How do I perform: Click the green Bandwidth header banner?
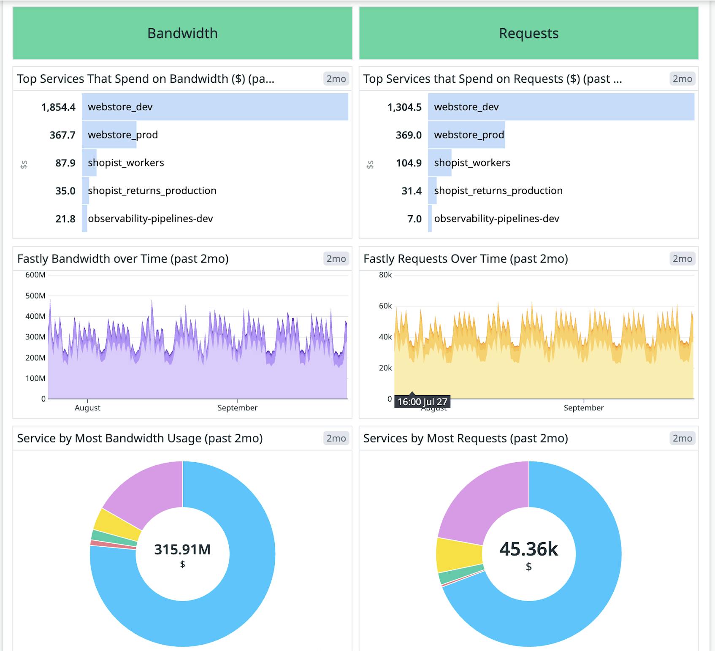(182, 33)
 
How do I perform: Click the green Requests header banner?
(528, 33)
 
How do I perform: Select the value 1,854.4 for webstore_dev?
(58, 107)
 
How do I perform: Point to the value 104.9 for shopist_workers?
(409, 163)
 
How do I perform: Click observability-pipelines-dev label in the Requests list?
(496, 219)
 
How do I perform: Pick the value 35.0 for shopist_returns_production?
(65, 191)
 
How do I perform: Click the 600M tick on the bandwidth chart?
(35, 275)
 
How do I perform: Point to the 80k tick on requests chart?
(385, 275)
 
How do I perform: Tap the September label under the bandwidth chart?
(237, 408)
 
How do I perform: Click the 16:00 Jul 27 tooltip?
(422, 401)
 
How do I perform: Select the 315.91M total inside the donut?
(182, 549)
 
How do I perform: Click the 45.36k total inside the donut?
(528, 549)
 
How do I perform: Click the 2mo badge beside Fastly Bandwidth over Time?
(336, 259)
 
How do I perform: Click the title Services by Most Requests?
(466, 438)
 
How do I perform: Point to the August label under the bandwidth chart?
(87, 408)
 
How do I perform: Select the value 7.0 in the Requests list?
(414, 219)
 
